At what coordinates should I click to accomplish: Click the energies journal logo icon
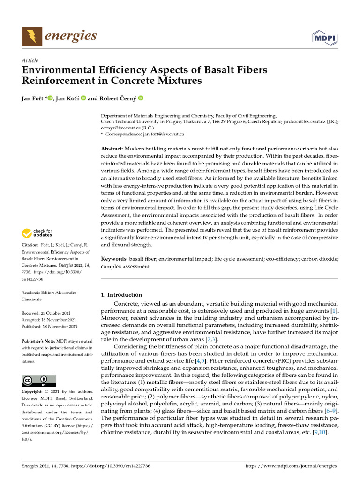coord(31,36)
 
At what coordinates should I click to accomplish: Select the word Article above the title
coord(30,60)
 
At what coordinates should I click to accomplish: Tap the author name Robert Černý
coord(117,98)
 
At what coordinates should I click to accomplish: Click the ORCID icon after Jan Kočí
coord(83,98)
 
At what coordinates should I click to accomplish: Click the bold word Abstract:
coord(112,149)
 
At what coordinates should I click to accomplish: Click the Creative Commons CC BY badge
coord(39,380)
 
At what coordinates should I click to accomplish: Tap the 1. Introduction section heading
coord(121,295)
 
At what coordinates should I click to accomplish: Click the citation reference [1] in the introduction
coord(333,311)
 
